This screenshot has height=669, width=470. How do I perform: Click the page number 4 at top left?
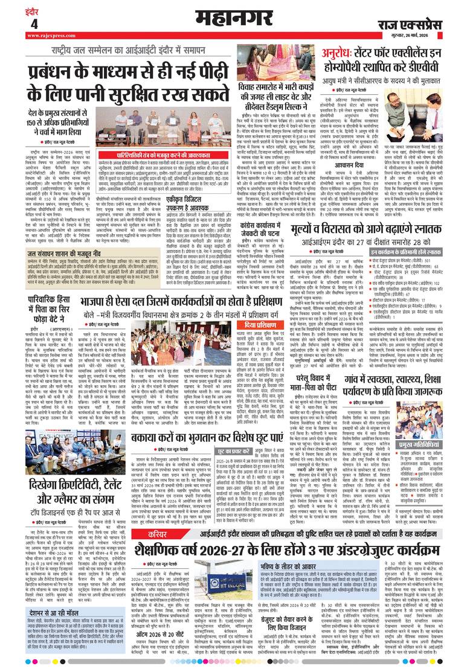[33, 24]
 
